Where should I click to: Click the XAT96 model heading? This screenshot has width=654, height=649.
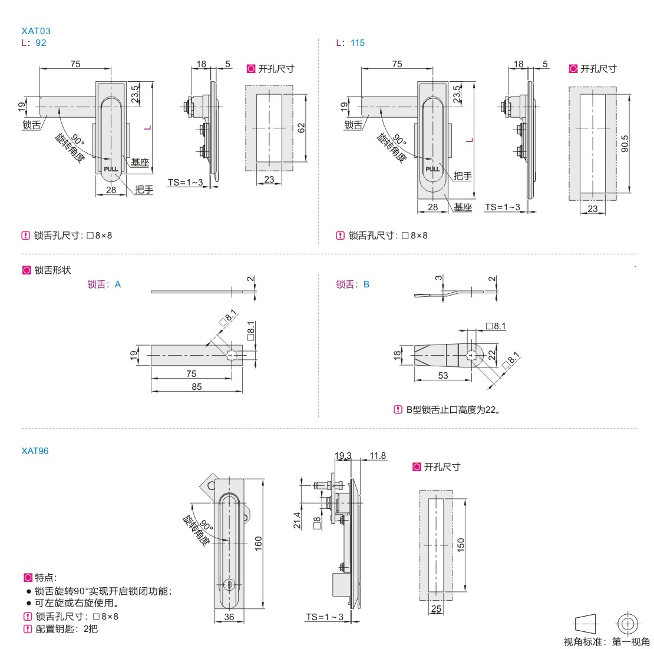point(35,451)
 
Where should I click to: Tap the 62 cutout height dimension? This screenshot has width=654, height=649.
point(301,127)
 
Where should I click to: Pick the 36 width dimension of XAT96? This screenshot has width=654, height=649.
point(229,616)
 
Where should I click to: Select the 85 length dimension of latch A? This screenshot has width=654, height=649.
point(196,386)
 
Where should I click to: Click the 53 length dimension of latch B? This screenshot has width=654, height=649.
point(443,375)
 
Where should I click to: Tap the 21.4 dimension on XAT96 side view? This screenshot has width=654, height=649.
point(298,520)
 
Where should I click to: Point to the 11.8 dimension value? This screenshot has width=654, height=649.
point(378,455)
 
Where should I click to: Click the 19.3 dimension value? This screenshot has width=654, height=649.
point(343,455)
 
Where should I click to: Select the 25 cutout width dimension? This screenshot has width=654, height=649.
point(436,608)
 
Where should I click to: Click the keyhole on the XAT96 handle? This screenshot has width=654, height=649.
point(230,584)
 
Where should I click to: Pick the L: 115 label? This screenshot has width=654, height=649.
point(351,43)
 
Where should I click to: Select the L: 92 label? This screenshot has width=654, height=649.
point(34,43)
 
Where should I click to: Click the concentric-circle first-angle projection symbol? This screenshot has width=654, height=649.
point(628,623)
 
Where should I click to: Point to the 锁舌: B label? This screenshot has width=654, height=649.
point(353,284)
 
